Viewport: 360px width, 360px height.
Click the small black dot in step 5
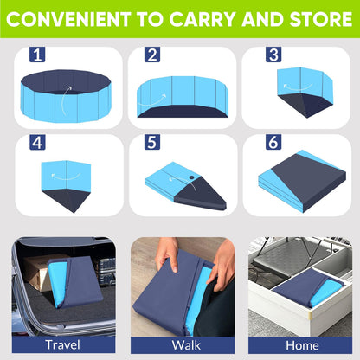point(190,180)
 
